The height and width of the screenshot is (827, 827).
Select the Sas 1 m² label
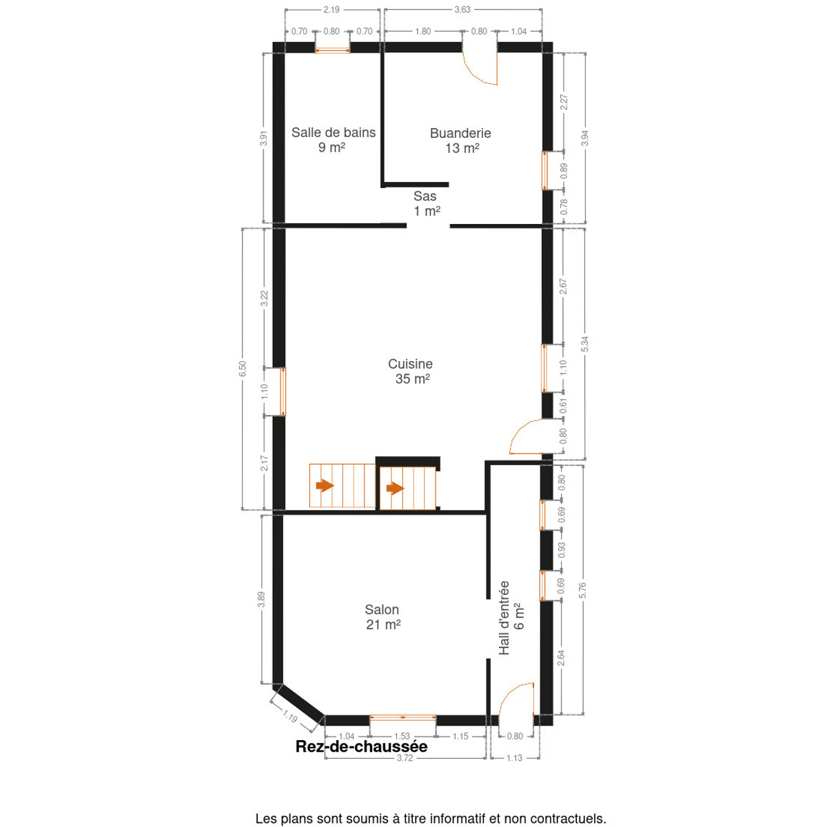pos(426,203)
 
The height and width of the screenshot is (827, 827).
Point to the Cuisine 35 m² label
pos(411,371)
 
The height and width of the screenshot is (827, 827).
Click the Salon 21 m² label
pos(382,617)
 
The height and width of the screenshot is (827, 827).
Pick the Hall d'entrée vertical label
pos(511,617)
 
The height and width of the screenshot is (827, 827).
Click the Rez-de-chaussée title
pos(361,746)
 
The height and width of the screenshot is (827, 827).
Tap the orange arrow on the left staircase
pos(325,486)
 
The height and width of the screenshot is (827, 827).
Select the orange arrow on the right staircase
pos(395,488)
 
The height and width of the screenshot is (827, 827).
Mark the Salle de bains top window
pos(333,50)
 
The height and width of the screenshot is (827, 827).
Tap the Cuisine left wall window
pos(283,391)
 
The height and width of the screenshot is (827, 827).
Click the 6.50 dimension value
pos(243,368)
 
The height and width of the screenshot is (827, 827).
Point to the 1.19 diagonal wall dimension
pos(290,716)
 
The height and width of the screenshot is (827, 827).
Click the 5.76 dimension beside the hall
pos(582,591)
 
